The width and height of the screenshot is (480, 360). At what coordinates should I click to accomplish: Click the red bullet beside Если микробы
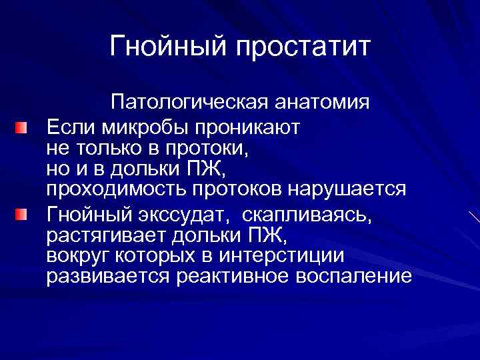(x=23, y=127)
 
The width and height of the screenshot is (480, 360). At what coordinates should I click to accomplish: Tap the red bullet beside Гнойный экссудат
(x=23, y=214)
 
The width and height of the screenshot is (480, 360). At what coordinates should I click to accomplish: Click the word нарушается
(x=346, y=189)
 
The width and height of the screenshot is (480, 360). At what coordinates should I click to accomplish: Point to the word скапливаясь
(x=304, y=215)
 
